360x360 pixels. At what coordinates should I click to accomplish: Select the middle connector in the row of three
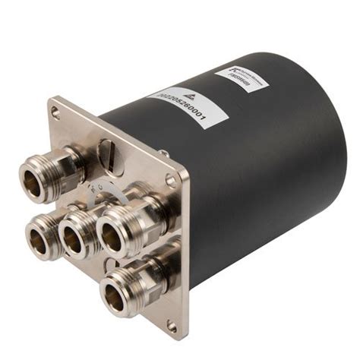click(x=72, y=242)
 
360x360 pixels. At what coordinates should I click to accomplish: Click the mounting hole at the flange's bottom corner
click(x=172, y=326)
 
